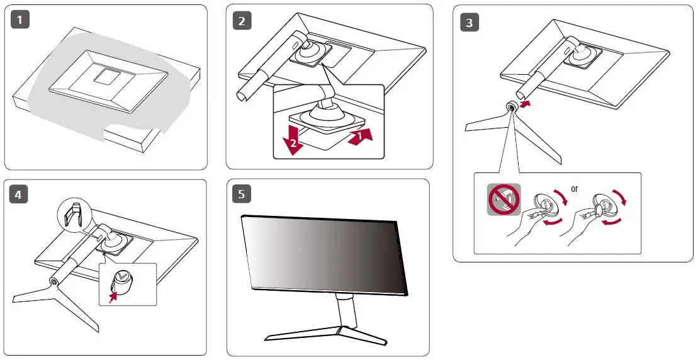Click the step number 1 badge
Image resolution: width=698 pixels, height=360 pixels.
pos(20,20)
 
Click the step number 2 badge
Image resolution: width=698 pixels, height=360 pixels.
pos(242,21)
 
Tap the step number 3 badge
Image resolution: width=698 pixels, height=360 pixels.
pos(469,22)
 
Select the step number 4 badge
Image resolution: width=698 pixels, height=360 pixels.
pos(18,194)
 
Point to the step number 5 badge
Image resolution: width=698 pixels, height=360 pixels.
pos(241,194)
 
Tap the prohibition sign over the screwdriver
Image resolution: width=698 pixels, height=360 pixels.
pos(504,200)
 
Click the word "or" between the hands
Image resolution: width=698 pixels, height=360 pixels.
pos(574,189)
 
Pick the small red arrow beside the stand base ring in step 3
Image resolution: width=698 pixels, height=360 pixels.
pos(526,104)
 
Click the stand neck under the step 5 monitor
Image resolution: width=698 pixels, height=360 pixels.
pos(347,313)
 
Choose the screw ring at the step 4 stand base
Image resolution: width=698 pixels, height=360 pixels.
pos(53,281)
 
